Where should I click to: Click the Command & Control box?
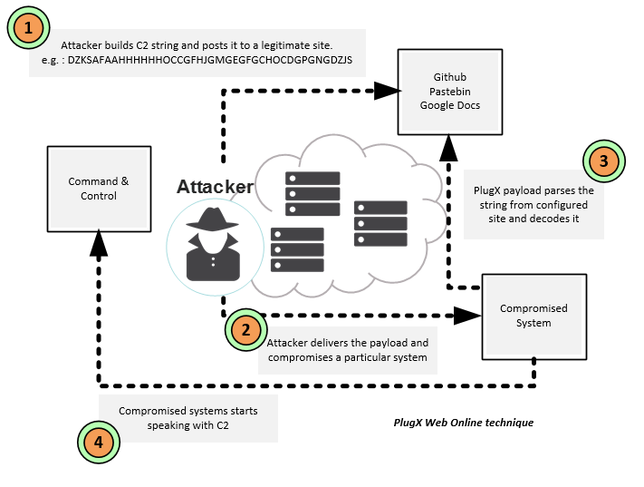(99, 189)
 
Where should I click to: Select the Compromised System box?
(533, 316)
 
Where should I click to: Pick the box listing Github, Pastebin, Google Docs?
(450, 92)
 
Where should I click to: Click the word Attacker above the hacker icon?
(215, 187)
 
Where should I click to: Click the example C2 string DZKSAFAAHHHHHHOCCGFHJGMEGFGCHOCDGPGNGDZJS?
(209, 60)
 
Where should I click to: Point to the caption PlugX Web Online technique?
(464, 423)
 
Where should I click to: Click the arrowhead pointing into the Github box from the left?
(388, 90)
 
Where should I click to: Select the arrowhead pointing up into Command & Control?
(99, 239)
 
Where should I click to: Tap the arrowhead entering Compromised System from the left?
(467, 316)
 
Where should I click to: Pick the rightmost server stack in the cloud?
(380, 223)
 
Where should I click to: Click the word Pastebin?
(450, 92)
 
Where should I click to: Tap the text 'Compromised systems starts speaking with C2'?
(187, 417)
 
